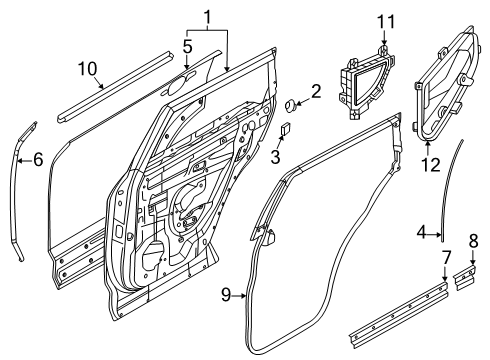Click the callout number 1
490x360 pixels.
pos(207,17)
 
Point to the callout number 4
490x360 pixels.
pos(422,235)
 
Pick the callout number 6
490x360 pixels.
pos(39,158)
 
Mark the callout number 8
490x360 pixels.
pos(474,240)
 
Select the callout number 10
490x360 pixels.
pos(87,68)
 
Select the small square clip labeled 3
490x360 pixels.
pos(286,128)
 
